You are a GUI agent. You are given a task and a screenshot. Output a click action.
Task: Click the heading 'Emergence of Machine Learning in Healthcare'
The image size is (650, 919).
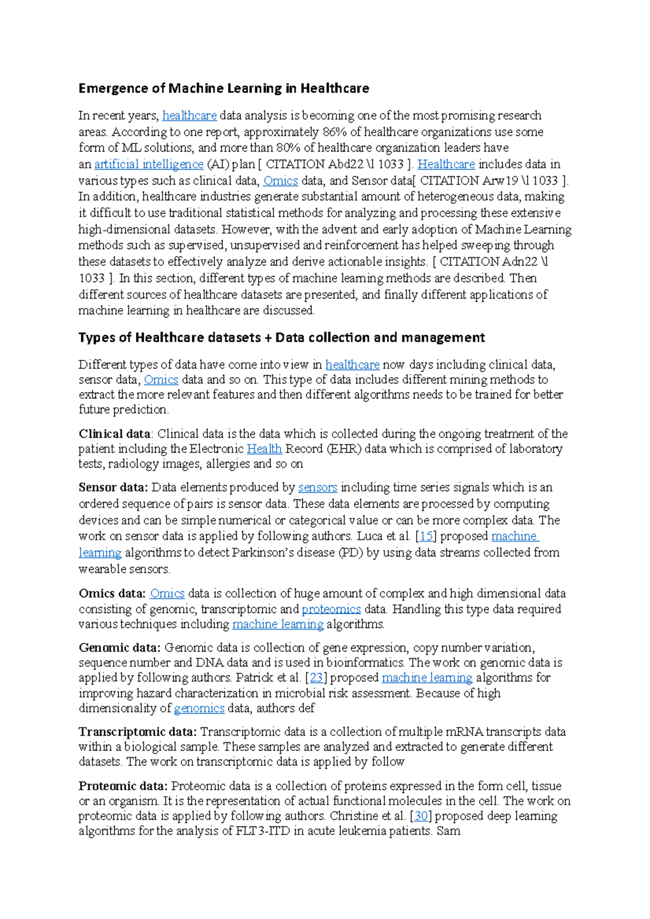[x=224, y=88]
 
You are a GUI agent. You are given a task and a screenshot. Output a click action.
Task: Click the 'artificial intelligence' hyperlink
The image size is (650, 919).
[x=149, y=164]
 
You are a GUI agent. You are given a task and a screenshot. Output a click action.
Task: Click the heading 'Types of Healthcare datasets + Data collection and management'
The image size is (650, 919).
[x=281, y=338]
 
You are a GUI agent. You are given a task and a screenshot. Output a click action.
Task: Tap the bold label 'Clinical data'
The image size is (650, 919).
[x=114, y=434]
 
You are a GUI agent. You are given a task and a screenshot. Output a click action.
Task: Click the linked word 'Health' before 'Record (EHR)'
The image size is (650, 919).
[x=264, y=449]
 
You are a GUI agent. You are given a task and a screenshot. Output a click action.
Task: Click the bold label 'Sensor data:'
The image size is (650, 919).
[x=113, y=487]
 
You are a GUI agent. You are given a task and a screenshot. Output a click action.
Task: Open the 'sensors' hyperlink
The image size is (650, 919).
[x=317, y=487]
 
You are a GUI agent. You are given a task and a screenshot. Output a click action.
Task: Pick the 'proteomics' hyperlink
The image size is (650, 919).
[x=331, y=609]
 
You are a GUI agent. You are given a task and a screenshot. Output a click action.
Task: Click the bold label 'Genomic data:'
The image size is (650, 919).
[x=120, y=647]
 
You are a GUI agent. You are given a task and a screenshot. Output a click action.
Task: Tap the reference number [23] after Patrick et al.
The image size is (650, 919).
[x=316, y=678]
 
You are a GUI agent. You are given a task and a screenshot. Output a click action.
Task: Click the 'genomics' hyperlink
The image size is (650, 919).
[x=199, y=708]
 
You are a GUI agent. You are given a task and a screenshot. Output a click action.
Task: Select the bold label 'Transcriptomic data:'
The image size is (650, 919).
[x=138, y=732]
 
